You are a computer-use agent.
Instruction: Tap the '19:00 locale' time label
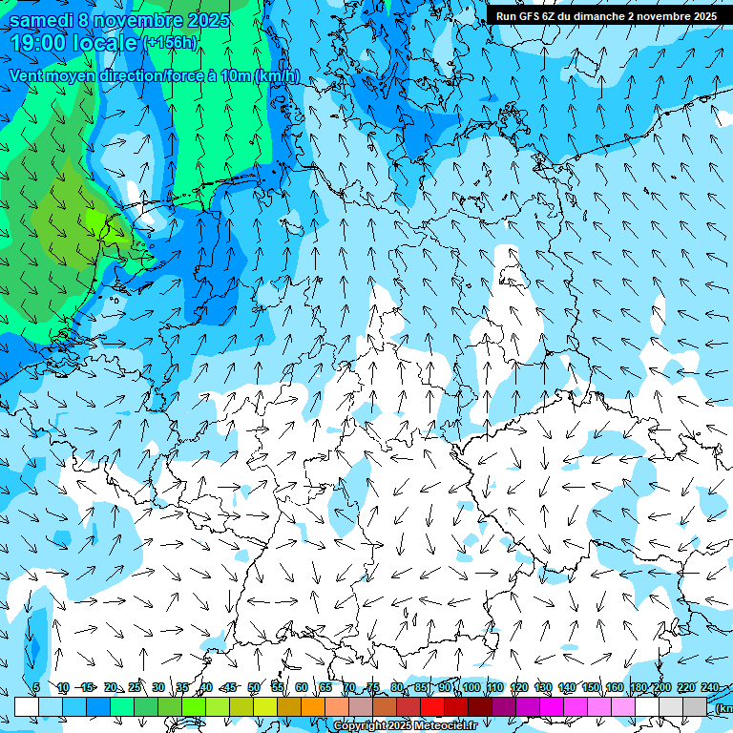pyautogui.click(x=73, y=43)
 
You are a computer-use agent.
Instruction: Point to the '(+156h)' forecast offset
pyautogui.click(x=169, y=43)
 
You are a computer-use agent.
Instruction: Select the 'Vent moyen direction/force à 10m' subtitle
pyautogui.click(x=154, y=76)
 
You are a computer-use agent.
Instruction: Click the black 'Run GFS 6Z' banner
pyautogui.click(x=606, y=15)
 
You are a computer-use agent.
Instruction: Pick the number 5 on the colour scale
pyautogui.click(x=36, y=688)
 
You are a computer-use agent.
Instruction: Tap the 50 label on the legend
pyautogui.click(x=254, y=688)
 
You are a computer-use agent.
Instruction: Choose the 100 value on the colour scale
pyautogui.click(x=471, y=688)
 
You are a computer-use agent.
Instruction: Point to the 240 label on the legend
pyautogui.click(x=709, y=688)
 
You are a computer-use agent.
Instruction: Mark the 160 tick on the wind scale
pyautogui.click(x=615, y=688)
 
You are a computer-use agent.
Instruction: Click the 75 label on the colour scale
pyautogui.click(x=373, y=688)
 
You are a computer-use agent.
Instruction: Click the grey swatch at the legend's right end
pyautogui.click(x=695, y=706)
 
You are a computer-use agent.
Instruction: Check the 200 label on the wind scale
pyautogui.click(x=661, y=688)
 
